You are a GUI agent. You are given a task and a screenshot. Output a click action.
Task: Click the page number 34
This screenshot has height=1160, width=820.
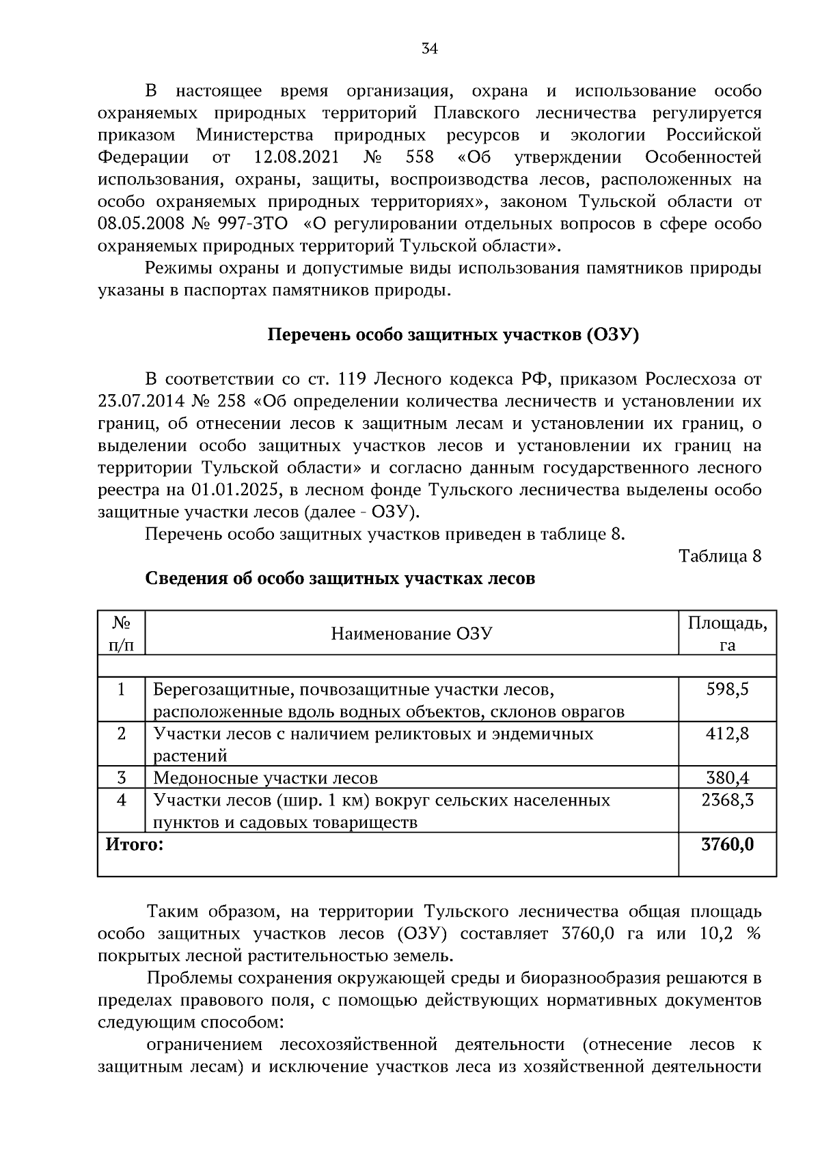pos(429,49)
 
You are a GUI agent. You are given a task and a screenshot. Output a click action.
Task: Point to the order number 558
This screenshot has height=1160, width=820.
pos(419,157)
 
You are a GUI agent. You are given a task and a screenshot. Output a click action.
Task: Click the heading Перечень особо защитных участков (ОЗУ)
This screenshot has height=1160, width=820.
pos(452,335)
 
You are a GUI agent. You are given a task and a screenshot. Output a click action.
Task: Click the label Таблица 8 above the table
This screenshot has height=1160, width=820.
pos(720,556)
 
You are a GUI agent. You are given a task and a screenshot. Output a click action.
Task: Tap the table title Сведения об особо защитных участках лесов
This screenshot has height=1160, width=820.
pos(340,579)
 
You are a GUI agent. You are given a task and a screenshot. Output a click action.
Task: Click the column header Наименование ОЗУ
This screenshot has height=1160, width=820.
pos(411,633)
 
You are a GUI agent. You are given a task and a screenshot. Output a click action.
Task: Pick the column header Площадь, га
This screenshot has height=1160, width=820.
pos(727,633)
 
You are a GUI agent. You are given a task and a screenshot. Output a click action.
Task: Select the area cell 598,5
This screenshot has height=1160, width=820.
pos(727,689)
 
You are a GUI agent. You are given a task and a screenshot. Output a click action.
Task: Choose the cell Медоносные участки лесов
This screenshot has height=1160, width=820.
pos(265,778)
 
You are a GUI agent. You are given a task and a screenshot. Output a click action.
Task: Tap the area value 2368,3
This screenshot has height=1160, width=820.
pos(727,800)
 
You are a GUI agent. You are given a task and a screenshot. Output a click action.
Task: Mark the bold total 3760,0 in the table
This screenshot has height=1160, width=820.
pos(727,845)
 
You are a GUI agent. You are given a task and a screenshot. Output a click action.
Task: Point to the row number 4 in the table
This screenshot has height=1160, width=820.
pos(122,800)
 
